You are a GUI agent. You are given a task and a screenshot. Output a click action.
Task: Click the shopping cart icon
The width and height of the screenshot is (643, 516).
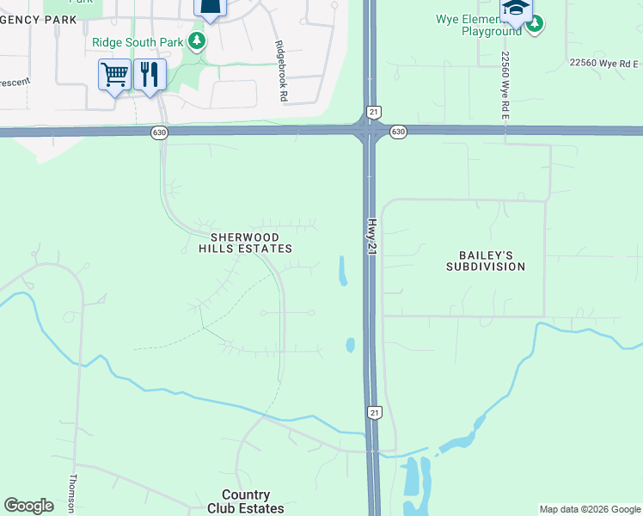tap(114, 75)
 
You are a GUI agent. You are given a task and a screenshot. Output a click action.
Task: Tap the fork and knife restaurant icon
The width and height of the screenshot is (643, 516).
tap(150, 75)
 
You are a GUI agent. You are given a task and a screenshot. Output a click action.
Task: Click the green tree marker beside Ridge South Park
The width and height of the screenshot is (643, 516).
tap(198, 41)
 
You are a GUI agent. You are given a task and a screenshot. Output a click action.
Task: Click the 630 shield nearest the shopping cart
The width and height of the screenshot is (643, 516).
tap(158, 132)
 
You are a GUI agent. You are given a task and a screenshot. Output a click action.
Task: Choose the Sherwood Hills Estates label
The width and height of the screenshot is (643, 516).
tap(246, 243)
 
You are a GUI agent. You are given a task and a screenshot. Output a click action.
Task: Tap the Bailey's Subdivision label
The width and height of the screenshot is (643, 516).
tap(486, 261)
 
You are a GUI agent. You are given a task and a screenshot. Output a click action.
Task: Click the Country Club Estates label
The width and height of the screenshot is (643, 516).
tap(246, 501)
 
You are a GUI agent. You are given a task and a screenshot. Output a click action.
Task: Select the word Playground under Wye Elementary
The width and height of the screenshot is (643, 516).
tap(491, 31)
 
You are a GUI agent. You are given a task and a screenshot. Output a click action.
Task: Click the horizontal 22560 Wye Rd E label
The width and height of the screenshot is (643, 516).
tap(604, 63)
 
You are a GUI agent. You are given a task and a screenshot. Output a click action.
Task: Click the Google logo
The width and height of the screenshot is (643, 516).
tap(28, 506)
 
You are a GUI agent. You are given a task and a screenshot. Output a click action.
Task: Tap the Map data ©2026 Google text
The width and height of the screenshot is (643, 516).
tap(589, 509)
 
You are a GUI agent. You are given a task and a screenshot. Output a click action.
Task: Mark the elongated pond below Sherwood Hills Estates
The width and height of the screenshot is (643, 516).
tap(342, 271)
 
